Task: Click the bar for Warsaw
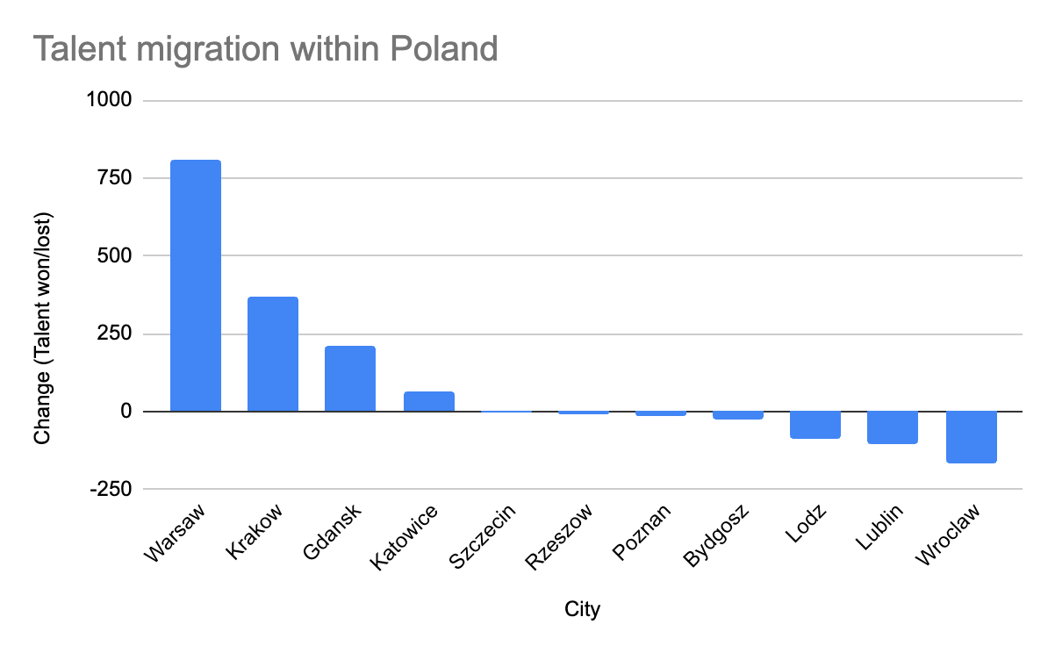pos(195,285)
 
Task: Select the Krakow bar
pos(273,354)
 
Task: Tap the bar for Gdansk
pos(350,378)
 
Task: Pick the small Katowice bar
pos(428,401)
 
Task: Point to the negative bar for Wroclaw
pos(971,436)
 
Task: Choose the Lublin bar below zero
pos(893,427)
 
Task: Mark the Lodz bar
pos(815,424)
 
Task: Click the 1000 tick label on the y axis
pos(108,101)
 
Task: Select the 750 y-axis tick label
pos(113,178)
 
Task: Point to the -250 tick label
pos(110,489)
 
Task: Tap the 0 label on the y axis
pos(126,412)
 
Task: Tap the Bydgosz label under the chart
pos(716,535)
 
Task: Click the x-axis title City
pos(582,609)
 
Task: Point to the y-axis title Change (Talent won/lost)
pos(42,326)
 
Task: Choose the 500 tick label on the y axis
pos(113,256)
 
